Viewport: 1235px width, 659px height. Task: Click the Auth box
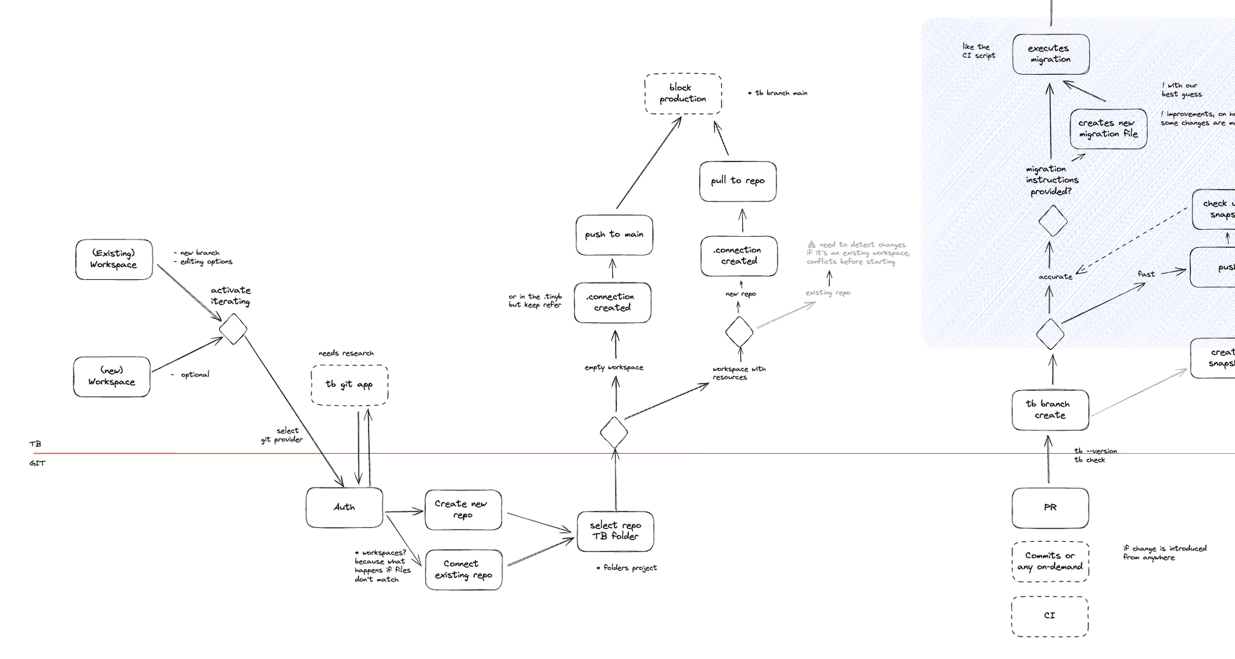pyautogui.click(x=344, y=507)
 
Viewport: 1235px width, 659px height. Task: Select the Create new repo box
pyautogui.click(x=463, y=510)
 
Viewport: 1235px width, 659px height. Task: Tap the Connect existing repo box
pyautogui.click(x=463, y=570)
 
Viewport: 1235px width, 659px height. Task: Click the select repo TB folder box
pyautogui.click(x=615, y=531)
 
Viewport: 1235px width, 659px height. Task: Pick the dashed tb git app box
pyautogui.click(x=349, y=385)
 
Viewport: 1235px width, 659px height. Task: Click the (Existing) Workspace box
pyautogui.click(x=114, y=259)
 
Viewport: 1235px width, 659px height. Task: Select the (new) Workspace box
pyautogui.click(x=111, y=376)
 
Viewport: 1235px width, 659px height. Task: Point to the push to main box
pyautogui.click(x=614, y=235)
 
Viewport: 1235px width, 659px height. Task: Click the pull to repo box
pyautogui.click(x=738, y=181)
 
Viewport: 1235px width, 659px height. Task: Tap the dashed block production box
pyautogui.click(x=682, y=93)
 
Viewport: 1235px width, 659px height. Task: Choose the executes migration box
pyautogui.click(x=1050, y=54)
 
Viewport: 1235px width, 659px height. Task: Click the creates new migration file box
pyautogui.click(x=1108, y=129)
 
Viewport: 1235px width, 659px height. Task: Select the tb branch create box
pyautogui.click(x=1050, y=410)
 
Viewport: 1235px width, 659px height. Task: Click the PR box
pyautogui.click(x=1050, y=508)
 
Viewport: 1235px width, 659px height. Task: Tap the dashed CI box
pyautogui.click(x=1050, y=616)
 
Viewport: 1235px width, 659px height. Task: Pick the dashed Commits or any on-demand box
pyautogui.click(x=1050, y=561)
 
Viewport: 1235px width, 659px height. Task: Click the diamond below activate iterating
pyautogui.click(x=233, y=329)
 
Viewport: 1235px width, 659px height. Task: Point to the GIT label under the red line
pyautogui.click(x=37, y=463)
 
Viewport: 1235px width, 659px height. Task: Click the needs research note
pyautogui.click(x=346, y=353)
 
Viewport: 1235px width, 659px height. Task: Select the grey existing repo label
pyautogui.click(x=828, y=293)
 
